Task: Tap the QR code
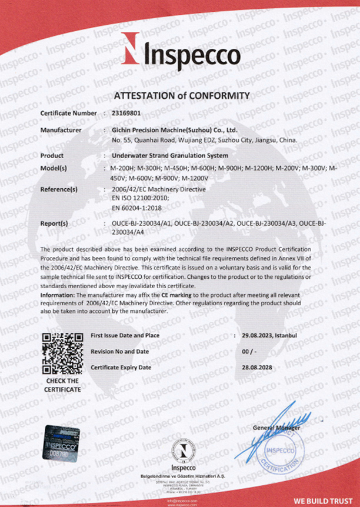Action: click(62, 354)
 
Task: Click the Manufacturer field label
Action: click(61, 129)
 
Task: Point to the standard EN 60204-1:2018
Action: click(136, 207)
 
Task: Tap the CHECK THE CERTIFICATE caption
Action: click(62, 385)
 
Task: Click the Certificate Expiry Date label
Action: click(121, 367)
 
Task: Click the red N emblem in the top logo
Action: click(131, 48)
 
